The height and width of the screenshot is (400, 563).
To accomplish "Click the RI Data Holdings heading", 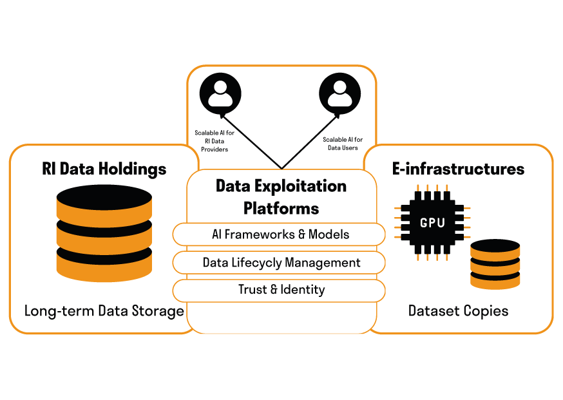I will click(x=104, y=169).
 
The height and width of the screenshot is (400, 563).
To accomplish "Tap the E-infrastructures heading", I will click(x=458, y=169).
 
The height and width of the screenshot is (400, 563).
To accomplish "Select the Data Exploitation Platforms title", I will click(x=281, y=197).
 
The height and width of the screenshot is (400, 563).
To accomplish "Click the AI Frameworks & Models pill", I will click(x=280, y=234).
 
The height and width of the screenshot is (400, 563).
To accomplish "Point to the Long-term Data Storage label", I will click(x=104, y=311).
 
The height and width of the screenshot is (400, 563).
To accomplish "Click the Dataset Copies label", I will click(x=458, y=311).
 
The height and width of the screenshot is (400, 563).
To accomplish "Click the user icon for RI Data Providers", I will click(x=220, y=93).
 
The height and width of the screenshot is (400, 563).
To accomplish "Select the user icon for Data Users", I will click(x=340, y=93).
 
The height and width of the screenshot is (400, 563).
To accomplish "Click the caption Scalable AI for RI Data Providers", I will click(x=212, y=141).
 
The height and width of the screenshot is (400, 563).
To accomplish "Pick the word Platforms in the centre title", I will click(x=281, y=208).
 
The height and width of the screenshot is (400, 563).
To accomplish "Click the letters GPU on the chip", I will click(x=432, y=223).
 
